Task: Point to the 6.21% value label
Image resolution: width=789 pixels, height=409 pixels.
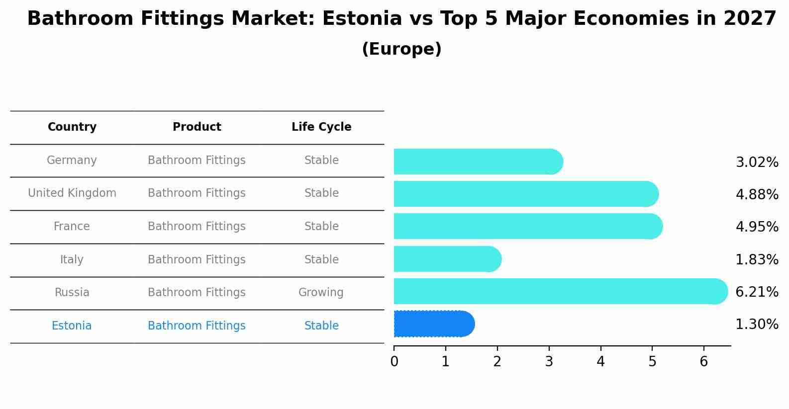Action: [757, 292]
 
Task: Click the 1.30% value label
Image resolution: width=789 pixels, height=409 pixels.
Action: [757, 325]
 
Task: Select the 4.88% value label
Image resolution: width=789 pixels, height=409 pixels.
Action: [757, 194]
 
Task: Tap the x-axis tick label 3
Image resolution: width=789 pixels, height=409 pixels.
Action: [549, 362]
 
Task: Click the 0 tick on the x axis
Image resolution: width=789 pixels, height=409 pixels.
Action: [394, 362]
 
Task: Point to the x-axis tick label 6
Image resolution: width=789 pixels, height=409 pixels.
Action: [703, 362]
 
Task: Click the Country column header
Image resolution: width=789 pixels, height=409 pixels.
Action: [72, 127]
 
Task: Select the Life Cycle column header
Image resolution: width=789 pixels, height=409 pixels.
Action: [321, 127]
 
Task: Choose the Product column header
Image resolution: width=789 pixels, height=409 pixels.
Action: [197, 127]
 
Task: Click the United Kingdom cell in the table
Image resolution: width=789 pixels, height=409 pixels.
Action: [72, 193]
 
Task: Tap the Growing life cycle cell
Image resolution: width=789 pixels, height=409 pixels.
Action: [321, 292]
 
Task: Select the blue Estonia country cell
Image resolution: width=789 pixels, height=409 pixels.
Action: [72, 326]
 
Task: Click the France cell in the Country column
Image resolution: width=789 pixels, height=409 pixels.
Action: [72, 226]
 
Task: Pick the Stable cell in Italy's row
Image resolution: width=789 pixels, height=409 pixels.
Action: [321, 259]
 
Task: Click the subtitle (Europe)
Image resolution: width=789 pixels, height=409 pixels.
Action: [401, 49]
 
